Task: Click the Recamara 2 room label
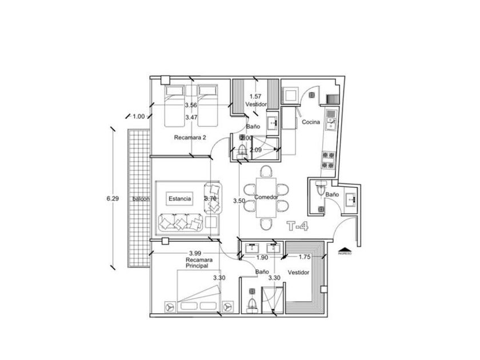click(190, 138)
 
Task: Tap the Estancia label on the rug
click(179, 198)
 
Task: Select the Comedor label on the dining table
click(266, 197)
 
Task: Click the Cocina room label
click(310, 122)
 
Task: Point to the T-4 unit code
click(298, 226)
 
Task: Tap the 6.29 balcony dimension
click(112, 198)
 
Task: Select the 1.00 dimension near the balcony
click(138, 117)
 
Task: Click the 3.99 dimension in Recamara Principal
click(195, 253)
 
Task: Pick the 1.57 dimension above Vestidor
click(255, 97)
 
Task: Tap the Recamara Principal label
click(196, 263)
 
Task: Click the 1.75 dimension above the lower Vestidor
click(304, 257)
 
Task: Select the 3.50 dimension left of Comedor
click(239, 201)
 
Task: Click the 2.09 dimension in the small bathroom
click(255, 150)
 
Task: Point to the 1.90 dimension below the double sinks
click(262, 258)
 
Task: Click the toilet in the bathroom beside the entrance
click(321, 189)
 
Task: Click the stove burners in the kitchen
click(329, 160)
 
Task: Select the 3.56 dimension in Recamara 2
click(191, 105)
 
